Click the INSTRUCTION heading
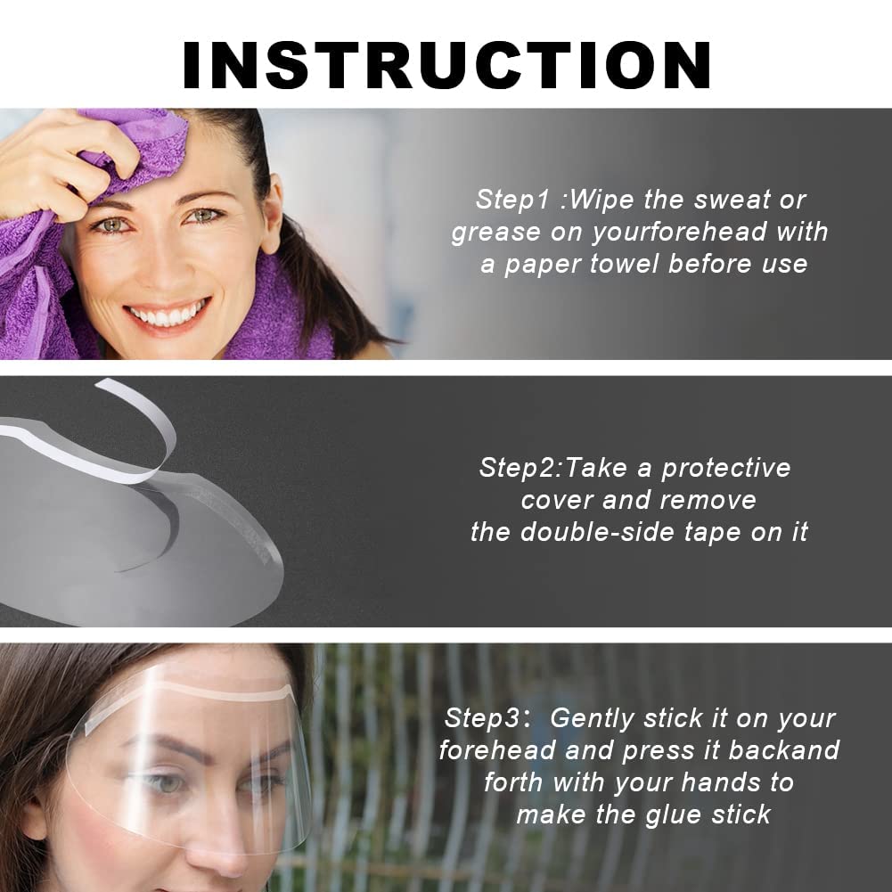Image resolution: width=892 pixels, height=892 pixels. coord(446,64)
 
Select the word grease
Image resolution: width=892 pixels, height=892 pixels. coord(495,233)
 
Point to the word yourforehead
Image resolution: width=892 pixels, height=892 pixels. coord(679,233)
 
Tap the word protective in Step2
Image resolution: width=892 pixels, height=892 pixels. coord(725,468)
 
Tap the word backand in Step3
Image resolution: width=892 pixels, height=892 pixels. coord(783,750)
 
